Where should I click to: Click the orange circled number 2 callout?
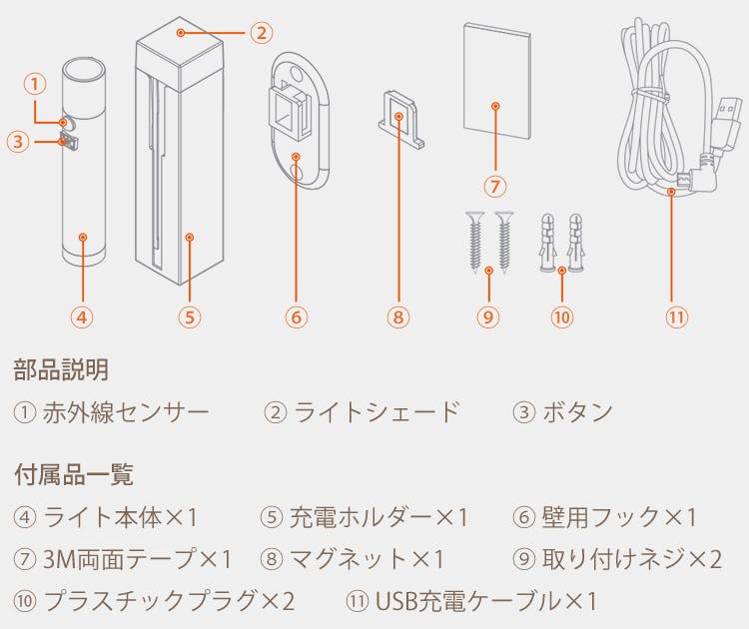[262, 33]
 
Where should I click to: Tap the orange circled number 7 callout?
[495, 186]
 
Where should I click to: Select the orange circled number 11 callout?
[677, 317]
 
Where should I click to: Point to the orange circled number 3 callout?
[19, 142]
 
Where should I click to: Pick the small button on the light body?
[69, 142]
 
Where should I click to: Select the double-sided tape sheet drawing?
[496, 81]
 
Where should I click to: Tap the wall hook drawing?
[299, 122]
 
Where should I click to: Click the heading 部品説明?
[61, 370]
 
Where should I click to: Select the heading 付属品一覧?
[74, 474]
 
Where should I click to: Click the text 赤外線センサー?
[126, 412]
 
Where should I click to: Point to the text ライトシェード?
[376, 412]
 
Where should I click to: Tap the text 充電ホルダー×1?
[378, 517]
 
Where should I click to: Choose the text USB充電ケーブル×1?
[486, 601]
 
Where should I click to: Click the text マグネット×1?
[367, 559]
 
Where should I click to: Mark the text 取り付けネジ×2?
[631, 559]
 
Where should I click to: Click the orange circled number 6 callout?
[297, 317]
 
